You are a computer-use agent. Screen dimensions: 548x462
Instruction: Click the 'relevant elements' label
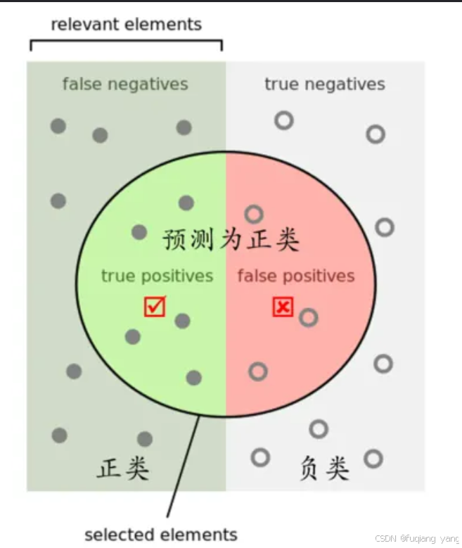click(126, 25)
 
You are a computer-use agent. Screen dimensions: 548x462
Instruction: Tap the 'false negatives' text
click(125, 84)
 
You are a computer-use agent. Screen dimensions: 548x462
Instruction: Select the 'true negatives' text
click(324, 84)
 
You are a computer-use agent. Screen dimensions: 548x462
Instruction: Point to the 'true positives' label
click(157, 276)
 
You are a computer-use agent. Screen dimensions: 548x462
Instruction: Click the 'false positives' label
click(295, 276)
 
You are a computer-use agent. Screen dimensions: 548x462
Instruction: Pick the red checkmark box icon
click(155, 307)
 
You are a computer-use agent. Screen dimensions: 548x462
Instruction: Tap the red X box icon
click(283, 307)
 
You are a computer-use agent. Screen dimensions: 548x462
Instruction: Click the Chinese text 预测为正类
click(231, 240)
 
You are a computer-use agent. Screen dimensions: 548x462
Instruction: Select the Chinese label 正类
click(123, 468)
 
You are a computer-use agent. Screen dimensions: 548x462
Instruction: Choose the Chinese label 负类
click(324, 468)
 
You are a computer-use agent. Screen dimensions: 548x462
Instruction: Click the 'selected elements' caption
click(161, 534)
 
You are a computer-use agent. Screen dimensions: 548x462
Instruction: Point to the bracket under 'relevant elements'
click(126, 43)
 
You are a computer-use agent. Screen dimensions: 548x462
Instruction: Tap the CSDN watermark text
click(416, 538)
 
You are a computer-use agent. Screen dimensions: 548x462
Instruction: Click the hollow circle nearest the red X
click(308, 318)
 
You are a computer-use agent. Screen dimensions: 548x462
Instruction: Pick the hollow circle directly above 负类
click(319, 428)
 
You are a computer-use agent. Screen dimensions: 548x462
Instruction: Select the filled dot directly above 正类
click(145, 440)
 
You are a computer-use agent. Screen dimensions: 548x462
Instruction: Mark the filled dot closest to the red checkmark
click(182, 321)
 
